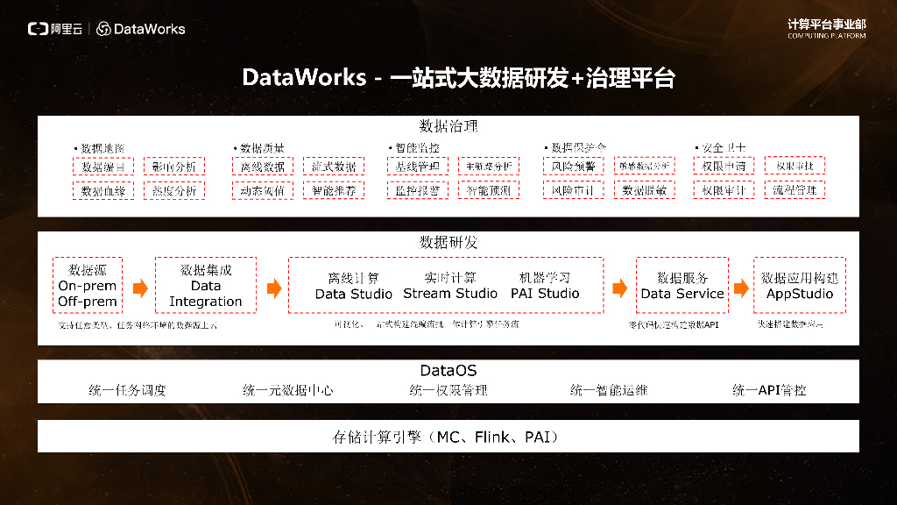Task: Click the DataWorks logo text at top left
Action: (149, 29)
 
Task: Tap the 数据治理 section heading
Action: (448, 126)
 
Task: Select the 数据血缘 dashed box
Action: (102, 190)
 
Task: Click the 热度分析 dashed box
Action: (174, 190)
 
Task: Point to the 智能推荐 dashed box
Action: (335, 190)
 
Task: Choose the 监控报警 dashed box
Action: (417, 190)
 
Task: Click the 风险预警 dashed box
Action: (573, 167)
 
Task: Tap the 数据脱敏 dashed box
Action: (644, 190)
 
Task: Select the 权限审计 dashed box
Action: (724, 190)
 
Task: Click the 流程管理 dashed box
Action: (795, 190)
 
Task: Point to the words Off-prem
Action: (88, 302)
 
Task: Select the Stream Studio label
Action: (450, 294)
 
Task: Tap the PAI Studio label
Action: (545, 294)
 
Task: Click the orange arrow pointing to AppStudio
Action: (741, 288)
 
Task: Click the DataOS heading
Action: (448, 371)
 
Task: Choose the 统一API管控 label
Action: (769, 390)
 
